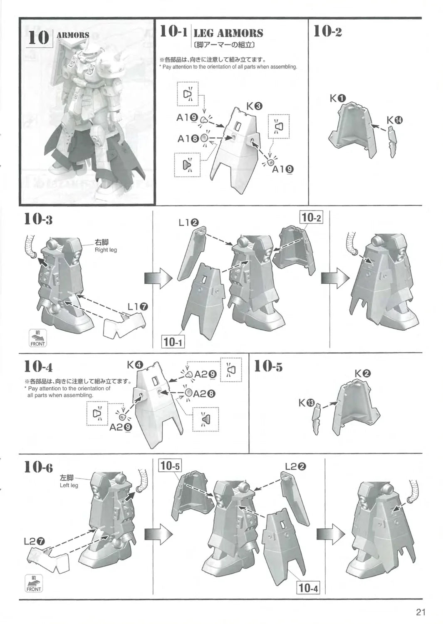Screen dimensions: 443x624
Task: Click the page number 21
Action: tap(421, 612)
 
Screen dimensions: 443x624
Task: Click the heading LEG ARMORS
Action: tap(228, 33)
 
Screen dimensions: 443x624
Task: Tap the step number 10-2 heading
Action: tap(328, 31)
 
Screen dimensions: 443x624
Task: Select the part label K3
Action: tap(255, 106)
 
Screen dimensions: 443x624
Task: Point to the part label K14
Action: tap(395, 120)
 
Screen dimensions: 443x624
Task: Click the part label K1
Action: tap(338, 98)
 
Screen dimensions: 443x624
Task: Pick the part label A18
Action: tap(188, 138)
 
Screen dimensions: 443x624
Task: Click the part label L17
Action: tap(138, 307)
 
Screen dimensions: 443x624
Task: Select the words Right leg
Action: tap(106, 250)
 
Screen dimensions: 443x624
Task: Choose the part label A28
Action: tap(205, 393)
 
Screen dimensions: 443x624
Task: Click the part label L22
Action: tap(295, 466)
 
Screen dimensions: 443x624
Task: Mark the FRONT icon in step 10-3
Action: tap(37, 338)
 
